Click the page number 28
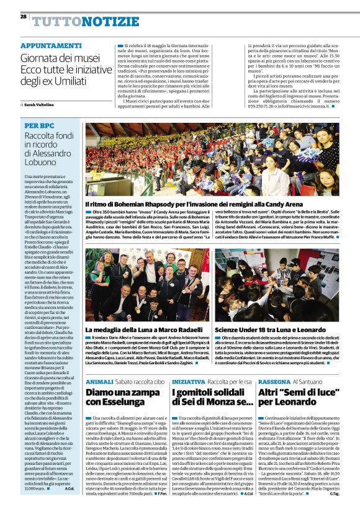pos(23,17)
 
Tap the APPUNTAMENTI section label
pos(51,46)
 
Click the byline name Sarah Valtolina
pos(40,106)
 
